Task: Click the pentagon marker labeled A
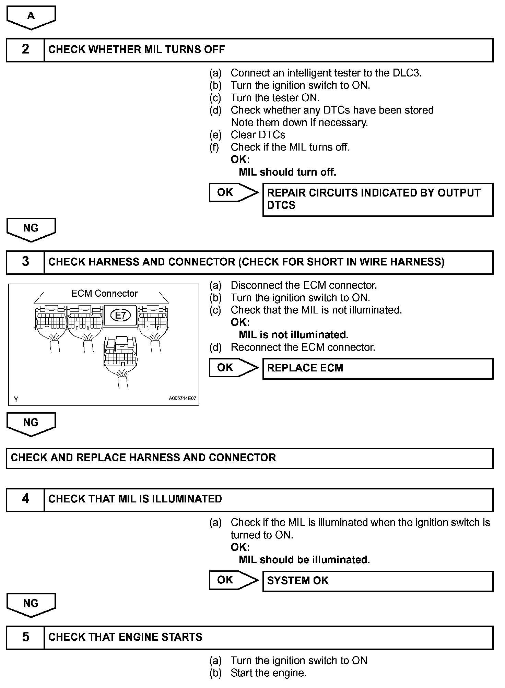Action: [x=31, y=16]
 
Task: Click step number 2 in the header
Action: [x=25, y=50]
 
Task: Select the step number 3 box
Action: [x=25, y=262]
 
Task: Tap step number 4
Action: [x=25, y=499]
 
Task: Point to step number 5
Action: [x=25, y=637]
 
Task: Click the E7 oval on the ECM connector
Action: [x=120, y=315]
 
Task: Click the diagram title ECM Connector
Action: [x=104, y=294]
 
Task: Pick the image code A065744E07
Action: [x=182, y=399]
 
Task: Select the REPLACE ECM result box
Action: [x=377, y=368]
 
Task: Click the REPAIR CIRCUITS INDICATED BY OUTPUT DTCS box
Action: [x=377, y=199]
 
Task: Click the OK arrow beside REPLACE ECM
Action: [x=233, y=368]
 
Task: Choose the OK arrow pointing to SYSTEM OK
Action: [x=233, y=580]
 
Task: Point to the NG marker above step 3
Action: [x=31, y=229]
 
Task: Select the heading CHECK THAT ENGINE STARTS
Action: [x=125, y=637]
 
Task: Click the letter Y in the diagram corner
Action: [x=16, y=399]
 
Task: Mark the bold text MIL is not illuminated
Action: [x=294, y=335]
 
